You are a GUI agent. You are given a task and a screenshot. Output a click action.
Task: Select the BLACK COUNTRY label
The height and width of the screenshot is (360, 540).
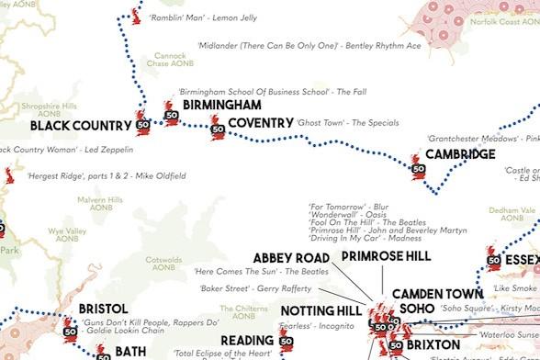[x=80, y=126]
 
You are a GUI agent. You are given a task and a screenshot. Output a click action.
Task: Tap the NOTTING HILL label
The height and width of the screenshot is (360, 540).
[x=323, y=310]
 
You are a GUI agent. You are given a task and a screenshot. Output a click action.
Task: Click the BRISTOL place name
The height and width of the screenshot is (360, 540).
[x=103, y=309]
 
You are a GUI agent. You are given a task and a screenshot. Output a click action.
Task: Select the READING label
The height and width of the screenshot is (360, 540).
[x=246, y=342]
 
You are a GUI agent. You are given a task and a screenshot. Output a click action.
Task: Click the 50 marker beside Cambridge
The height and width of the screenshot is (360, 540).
[x=418, y=170]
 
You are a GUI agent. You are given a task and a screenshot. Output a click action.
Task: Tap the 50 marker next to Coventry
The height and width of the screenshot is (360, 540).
[x=218, y=132]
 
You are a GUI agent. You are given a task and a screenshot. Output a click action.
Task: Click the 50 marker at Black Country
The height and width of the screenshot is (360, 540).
[x=142, y=125]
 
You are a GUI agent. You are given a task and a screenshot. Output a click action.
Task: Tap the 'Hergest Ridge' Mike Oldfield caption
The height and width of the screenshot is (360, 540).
[x=106, y=175]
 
